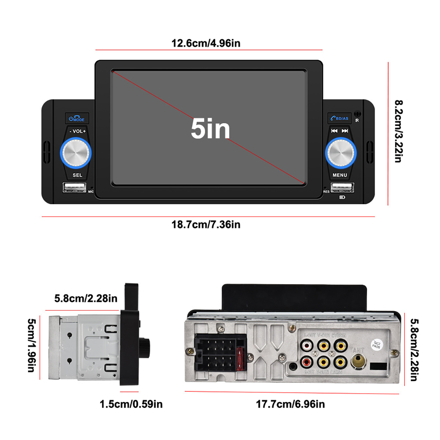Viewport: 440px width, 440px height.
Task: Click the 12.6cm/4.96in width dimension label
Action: pyautogui.click(x=206, y=43)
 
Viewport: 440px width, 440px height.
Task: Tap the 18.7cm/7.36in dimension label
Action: pyautogui.click(x=206, y=224)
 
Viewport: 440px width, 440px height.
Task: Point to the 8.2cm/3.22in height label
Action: pyautogui.click(x=399, y=131)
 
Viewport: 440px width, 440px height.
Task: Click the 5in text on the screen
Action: pyautogui.click(x=210, y=129)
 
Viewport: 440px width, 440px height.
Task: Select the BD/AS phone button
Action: pyautogui.click(x=340, y=118)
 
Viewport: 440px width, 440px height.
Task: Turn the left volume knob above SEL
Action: pyautogui.click(x=76, y=153)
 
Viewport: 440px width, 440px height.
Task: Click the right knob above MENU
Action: pyautogui.click(x=341, y=153)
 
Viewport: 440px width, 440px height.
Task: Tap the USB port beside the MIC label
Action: pyautogui.click(x=74, y=188)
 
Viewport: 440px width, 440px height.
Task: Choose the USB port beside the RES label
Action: pyautogui.click(x=342, y=188)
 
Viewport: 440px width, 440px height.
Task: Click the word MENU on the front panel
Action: pyautogui.click(x=340, y=175)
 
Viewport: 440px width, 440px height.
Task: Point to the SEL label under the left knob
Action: pyautogui.click(x=77, y=175)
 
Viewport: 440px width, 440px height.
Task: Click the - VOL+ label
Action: pyautogui.click(x=78, y=131)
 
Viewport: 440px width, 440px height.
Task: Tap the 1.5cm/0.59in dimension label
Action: pyautogui.click(x=131, y=404)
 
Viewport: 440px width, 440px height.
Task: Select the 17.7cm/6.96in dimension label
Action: pyautogui.click(x=290, y=404)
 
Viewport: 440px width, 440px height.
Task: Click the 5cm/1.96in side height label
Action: pyautogui.click(x=32, y=345)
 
